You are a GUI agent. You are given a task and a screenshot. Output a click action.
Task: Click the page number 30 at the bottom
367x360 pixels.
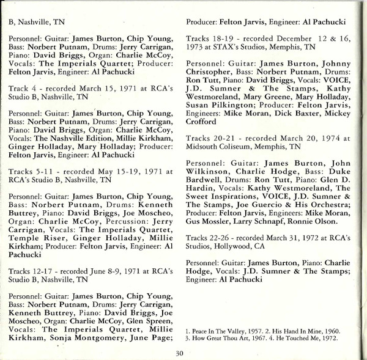tap(179, 352)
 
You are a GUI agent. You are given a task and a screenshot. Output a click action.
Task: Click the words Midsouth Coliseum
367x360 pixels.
tap(215, 147)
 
